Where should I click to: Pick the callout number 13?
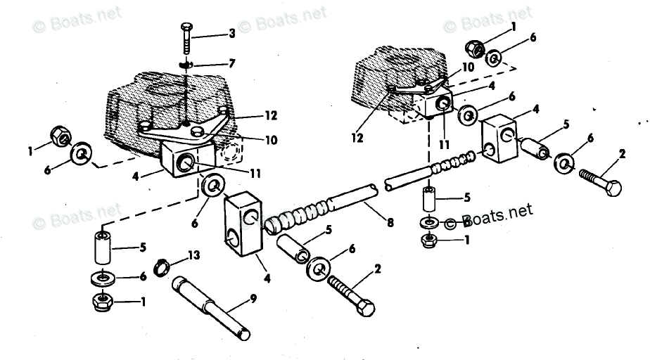pyautogui.click(x=194, y=253)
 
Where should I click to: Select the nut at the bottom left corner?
pyautogui.click(x=103, y=304)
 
